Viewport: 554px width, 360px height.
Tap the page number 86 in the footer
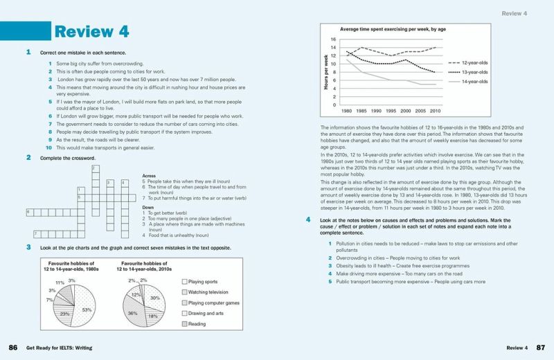point(12,347)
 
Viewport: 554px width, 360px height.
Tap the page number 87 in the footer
point(542,347)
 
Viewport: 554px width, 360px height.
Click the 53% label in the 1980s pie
point(87,309)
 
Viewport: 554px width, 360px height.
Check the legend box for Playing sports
point(184,281)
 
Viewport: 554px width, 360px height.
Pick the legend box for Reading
point(184,323)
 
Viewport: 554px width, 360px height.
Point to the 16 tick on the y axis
point(333,39)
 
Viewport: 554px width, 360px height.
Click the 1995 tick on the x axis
point(391,111)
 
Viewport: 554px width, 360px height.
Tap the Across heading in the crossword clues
point(149,176)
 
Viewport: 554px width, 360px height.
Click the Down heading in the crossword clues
point(148,206)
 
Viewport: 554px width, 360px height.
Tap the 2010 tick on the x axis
point(436,111)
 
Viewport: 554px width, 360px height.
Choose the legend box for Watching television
point(184,292)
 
